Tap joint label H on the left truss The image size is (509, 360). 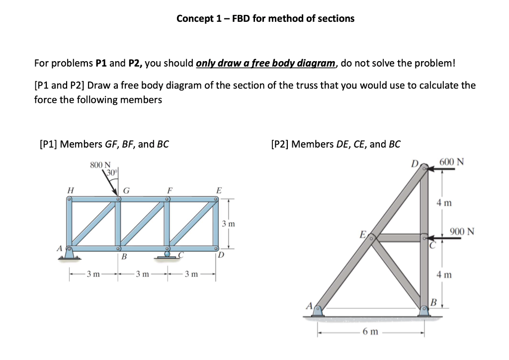coord(71,189)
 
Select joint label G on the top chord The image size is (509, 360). coord(127,189)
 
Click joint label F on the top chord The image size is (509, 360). coord(170,189)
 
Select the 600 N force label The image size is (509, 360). coord(453,162)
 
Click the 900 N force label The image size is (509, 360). coord(462,231)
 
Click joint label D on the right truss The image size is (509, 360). coord(415,163)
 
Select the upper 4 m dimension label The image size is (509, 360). coord(444,202)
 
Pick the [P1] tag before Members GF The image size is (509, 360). coord(48,144)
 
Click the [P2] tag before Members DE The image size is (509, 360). coord(280,144)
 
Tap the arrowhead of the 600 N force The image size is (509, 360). coord(427,169)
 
